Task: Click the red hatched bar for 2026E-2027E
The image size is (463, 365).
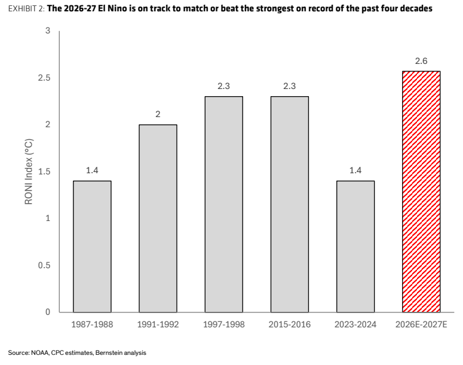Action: pos(421,192)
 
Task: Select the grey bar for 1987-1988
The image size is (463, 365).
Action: pos(92,246)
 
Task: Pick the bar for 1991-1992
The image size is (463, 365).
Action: pos(158,218)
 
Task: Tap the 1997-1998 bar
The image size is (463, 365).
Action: pos(224,204)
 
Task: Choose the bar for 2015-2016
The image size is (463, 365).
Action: pos(290,204)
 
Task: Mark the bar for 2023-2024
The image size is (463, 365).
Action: pos(355,246)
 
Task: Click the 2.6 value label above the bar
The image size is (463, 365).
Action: pos(421,61)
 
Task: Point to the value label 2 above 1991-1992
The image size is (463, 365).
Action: pos(158,114)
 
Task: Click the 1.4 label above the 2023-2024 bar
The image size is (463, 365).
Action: pos(355,170)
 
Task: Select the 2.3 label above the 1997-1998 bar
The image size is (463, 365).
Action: pos(224,86)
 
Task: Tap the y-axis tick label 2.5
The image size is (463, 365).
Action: pos(44,78)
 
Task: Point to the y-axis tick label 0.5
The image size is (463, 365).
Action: pos(44,265)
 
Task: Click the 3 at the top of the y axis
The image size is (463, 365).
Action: pos(48,30)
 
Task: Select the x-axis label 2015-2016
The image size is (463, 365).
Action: pos(290,324)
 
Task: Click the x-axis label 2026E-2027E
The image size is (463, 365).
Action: pos(421,324)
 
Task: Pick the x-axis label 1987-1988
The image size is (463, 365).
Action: pos(92,324)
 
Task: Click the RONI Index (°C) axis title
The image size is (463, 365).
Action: pos(29,171)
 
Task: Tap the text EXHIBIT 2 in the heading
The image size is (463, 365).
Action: pos(26,8)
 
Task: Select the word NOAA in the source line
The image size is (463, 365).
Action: pos(40,352)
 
